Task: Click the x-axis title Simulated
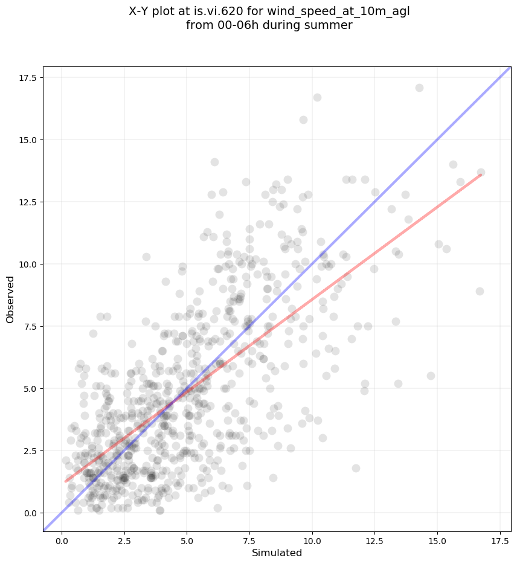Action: (276, 553)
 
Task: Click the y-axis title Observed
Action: (10, 299)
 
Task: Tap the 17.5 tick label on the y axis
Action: (27, 78)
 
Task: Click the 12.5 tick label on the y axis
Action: (27, 202)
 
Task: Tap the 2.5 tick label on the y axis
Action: (29, 451)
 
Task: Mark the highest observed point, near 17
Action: (419, 88)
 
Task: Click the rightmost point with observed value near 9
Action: (480, 291)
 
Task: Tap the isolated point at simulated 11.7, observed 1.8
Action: (356, 468)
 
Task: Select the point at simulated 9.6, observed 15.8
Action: (303, 120)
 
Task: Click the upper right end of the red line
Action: (481, 175)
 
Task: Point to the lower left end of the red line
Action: (66, 481)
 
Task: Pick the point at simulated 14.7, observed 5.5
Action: (431, 376)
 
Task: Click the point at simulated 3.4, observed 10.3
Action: (146, 257)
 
